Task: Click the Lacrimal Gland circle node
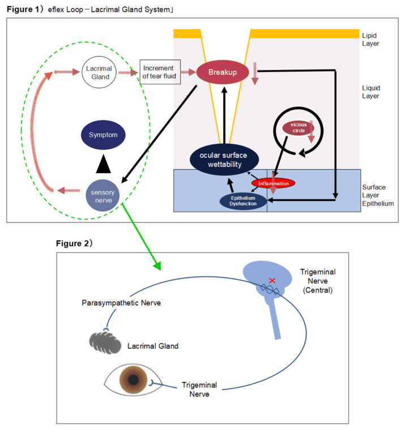(100, 72)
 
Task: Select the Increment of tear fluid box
(160, 72)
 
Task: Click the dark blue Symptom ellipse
(103, 136)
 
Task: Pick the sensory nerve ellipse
(103, 195)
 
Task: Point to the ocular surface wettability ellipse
(225, 159)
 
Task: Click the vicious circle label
(298, 127)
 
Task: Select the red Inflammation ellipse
(274, 183)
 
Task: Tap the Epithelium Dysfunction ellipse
(243, 200)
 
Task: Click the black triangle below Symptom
(103, 164)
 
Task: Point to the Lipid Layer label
(370, 38)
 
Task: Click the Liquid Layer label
(371, 92)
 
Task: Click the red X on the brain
(272, 280)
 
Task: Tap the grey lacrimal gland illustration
(105, 341)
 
